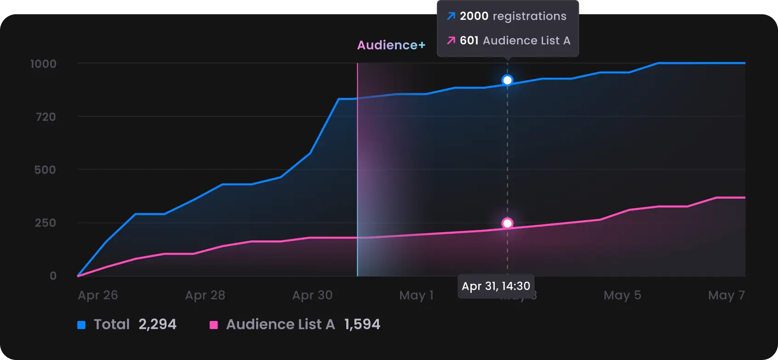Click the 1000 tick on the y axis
(x=43, y=64)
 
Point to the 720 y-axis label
(x=46, y=117)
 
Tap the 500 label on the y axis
(x=45, y=170)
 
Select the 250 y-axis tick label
(x=45, y=223)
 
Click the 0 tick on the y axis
(x=53, y=276)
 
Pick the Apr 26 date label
(x=98, y=295)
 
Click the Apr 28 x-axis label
(x=205, y=295)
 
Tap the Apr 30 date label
(x=312, y=295)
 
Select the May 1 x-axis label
(x=416, y=295)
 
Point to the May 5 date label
(x=622, y=295)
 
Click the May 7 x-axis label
(x=727, y=295)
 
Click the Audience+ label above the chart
(x=391, y=45)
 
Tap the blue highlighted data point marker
(x=507, y=80)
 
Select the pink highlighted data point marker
(x=507, y=223)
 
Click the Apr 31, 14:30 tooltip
(x=496, y=286)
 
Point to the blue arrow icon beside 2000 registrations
(x=451, y=16)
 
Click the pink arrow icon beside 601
(x=451, y=40)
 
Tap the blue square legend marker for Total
(x=81, y=325)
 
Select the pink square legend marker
(x=214, y=325)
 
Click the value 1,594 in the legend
(x=362, y=325)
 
